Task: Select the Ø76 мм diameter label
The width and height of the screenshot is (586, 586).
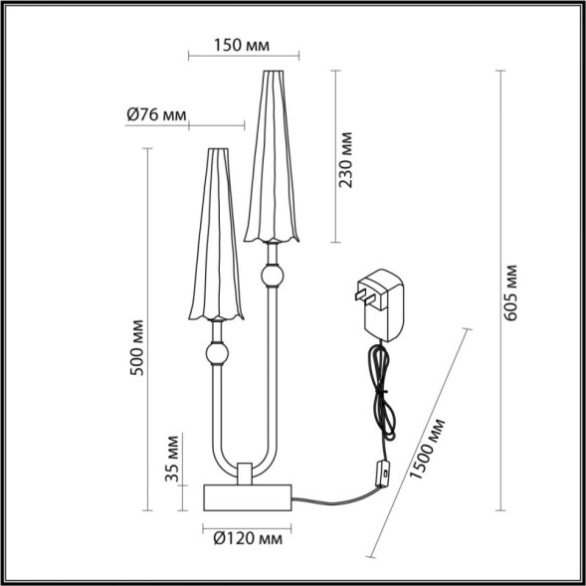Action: point(156,114)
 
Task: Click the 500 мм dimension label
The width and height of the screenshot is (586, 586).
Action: point(137,347)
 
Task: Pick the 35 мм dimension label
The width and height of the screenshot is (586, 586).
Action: point(172,459)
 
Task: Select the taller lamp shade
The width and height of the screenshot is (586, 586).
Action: point(269,159)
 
